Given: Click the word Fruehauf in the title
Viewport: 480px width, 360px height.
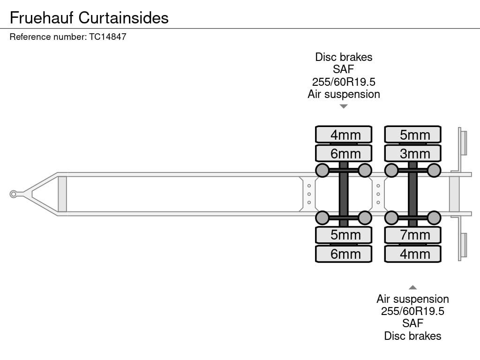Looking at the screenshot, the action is click(42, 18).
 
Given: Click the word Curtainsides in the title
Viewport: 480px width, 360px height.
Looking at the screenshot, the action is click(123, 18).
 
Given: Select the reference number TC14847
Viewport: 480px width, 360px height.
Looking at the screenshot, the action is click(108, 37).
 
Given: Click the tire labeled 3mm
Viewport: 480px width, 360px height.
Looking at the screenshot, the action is click(412, 153).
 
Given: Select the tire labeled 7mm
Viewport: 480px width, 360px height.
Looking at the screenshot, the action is click(412, 235).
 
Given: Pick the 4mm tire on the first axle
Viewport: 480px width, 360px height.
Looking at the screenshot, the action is click(344, 135).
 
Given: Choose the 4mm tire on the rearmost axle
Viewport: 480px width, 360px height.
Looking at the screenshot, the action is click(412, 254).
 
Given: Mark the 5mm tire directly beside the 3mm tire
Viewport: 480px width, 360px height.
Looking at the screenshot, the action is click(412, 135).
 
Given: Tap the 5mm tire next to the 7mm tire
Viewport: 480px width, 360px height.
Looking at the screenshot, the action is click(344, 235).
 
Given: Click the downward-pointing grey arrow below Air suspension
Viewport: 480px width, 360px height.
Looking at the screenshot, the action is click(344, 106).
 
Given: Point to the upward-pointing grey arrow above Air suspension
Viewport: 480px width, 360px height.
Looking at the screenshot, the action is click(412, 287).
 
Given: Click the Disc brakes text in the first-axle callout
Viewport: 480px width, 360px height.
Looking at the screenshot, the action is click(344, 57).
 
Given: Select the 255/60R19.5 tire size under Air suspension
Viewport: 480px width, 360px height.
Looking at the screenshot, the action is click(412, 311).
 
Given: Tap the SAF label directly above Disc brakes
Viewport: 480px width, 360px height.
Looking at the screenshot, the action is click(412, 323).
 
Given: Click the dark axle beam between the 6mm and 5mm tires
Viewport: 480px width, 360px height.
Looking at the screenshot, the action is click(344, 194).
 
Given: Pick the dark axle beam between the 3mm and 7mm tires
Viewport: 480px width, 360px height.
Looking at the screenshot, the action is click(412, 194).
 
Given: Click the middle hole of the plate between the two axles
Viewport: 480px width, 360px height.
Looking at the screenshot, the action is click(378, 194).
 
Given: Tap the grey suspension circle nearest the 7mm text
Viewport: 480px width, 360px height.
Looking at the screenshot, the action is click(391, 218).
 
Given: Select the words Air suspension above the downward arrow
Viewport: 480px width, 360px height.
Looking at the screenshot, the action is click(344, 94).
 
